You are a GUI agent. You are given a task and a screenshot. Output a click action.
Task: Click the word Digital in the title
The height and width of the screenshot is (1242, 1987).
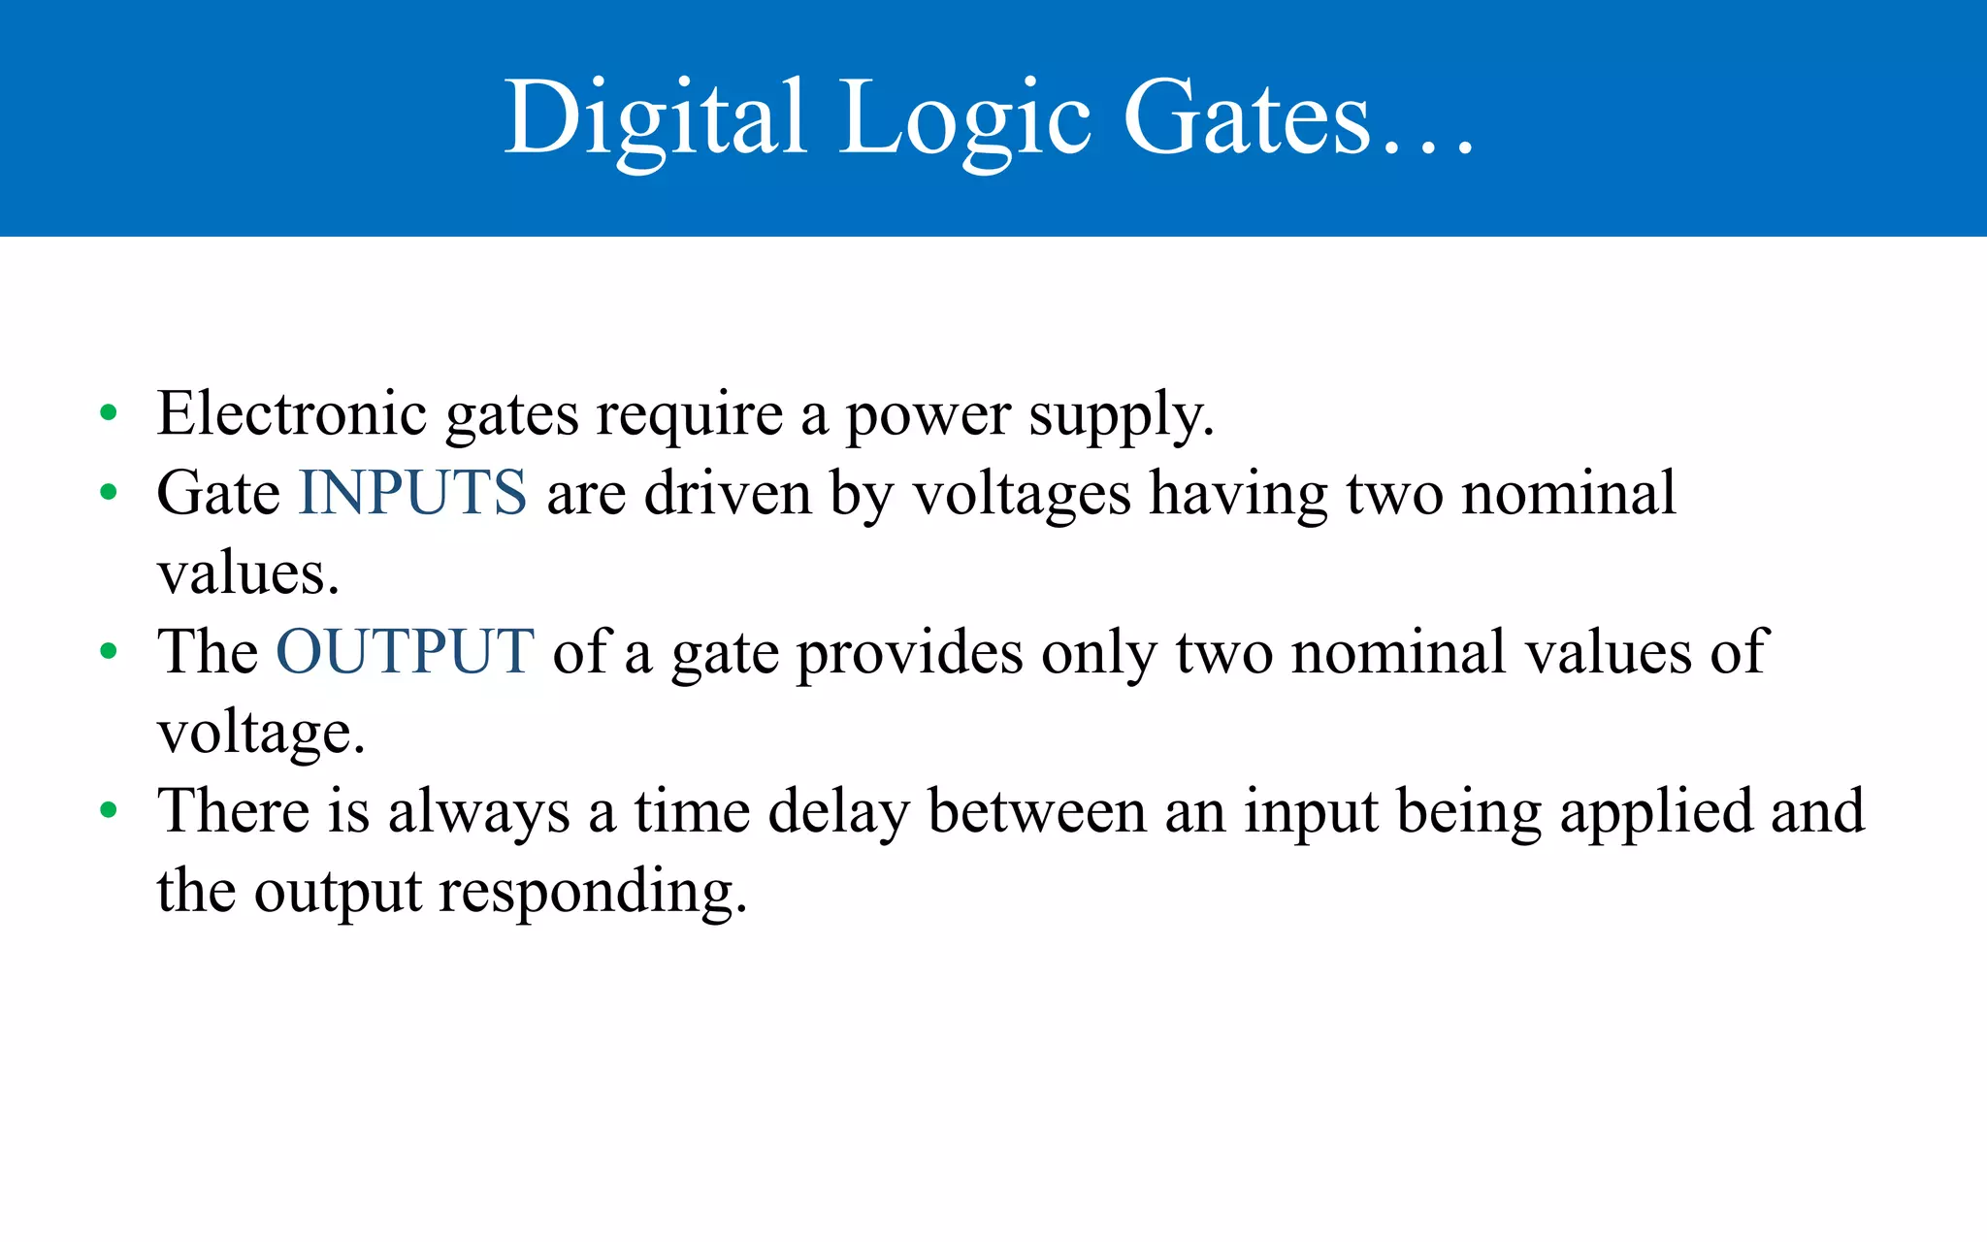(655, 118)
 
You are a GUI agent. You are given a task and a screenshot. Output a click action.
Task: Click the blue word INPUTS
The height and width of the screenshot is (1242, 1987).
(412, 492)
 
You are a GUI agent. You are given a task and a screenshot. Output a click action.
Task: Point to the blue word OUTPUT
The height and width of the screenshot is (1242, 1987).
(405, 651)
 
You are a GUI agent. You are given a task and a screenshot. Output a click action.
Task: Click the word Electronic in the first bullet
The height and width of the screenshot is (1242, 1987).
(291, 413)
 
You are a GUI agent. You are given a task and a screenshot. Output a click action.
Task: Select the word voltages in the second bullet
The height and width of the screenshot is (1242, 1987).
(1022, 495)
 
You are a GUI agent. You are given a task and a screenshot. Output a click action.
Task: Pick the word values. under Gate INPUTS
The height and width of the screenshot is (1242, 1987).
(248, 574)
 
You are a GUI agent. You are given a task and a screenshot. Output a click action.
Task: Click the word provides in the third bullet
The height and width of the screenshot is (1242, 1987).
(909, 653)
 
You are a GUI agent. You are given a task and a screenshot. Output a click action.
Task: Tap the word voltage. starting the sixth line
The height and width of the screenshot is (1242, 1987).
(261, 734)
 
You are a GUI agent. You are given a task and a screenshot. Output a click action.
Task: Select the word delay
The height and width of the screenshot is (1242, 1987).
(838, 812)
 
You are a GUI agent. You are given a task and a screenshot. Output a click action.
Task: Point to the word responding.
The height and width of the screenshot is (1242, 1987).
(593, 893)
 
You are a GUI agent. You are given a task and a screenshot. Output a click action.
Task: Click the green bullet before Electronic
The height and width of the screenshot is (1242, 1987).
(109, 413)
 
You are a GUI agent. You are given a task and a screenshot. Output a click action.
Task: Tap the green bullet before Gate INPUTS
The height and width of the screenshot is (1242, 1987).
(109, 493)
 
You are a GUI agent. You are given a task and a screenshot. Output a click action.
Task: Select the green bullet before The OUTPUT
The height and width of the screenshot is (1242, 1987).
(109, 651)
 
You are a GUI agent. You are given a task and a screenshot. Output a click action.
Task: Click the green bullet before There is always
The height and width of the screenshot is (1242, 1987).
(109, 810)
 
